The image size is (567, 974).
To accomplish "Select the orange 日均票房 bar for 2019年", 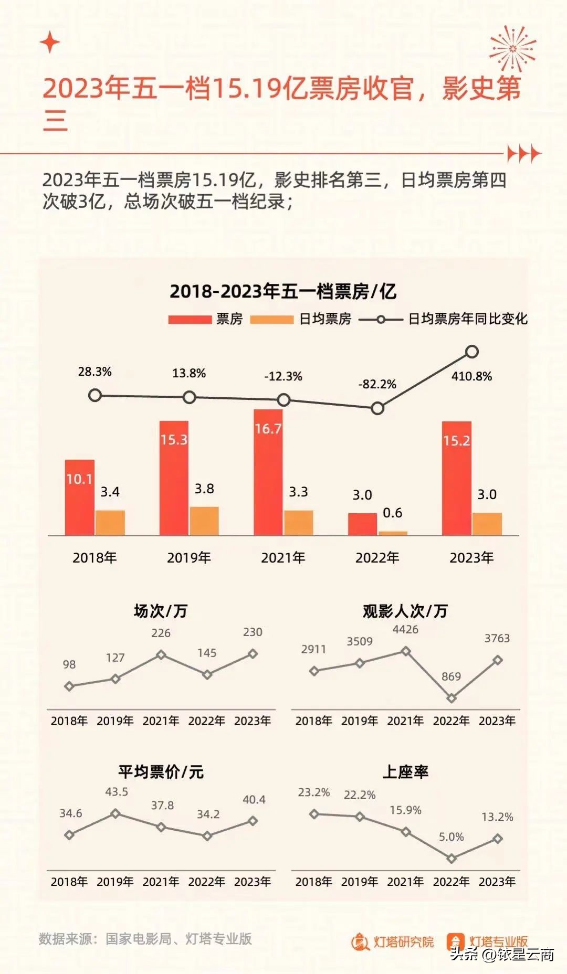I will (x=204, y=521).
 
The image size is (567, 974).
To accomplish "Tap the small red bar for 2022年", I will (x=362, y=524).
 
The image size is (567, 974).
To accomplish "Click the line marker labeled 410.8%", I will (x=472, y=352).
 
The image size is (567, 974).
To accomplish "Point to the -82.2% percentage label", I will (x=377, y=384).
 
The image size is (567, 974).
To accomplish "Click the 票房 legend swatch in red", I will (x=190, y=319).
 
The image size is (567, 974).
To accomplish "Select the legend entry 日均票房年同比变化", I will (x=467, y=319).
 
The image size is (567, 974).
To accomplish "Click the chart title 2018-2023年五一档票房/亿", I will (x=283, y=291).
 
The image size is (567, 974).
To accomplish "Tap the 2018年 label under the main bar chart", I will (x=94, y=557).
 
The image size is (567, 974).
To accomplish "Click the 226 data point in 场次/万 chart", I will (x=161, y=654).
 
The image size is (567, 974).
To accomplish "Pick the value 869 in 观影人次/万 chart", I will (x=451, y=676).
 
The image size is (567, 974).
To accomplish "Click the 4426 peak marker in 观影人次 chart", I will (x=405, y=651).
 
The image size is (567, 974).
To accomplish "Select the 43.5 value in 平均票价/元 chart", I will (x=117, y=792).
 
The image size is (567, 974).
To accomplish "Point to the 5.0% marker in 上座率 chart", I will (x=451, y=859).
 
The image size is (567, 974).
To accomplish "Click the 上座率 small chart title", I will (x=405, y=772).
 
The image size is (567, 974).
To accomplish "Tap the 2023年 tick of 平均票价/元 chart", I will (x=253, y=882).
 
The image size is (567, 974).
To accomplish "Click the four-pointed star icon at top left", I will (x=50, y=43).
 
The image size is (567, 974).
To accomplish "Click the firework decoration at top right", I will (x=512, y=49).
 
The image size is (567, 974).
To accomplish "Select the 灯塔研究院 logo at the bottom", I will (x=393, y=942).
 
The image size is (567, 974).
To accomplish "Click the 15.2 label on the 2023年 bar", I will (x=456, y=441).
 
